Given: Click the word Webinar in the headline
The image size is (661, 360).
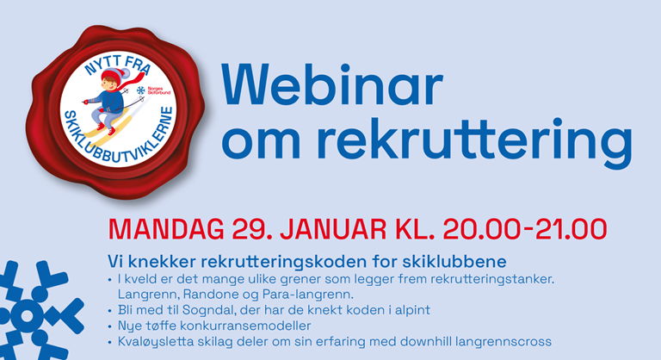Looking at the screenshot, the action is click(332, 85).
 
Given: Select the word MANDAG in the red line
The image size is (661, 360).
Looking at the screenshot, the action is click(166, 230).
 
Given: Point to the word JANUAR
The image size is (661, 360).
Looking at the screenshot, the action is click(333, 230).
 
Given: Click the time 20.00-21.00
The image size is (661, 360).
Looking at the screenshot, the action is click(525, 230).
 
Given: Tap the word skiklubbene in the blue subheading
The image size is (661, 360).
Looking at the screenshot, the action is click(454, 262).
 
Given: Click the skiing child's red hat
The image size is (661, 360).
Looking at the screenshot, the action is click(120, 75).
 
